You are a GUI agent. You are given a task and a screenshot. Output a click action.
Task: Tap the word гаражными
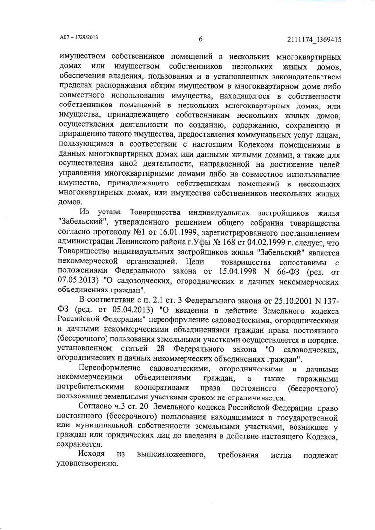click(318, 378)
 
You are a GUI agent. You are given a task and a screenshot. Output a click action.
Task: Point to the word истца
click(280, 455)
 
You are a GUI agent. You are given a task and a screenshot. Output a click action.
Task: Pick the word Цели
click(189, 262)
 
